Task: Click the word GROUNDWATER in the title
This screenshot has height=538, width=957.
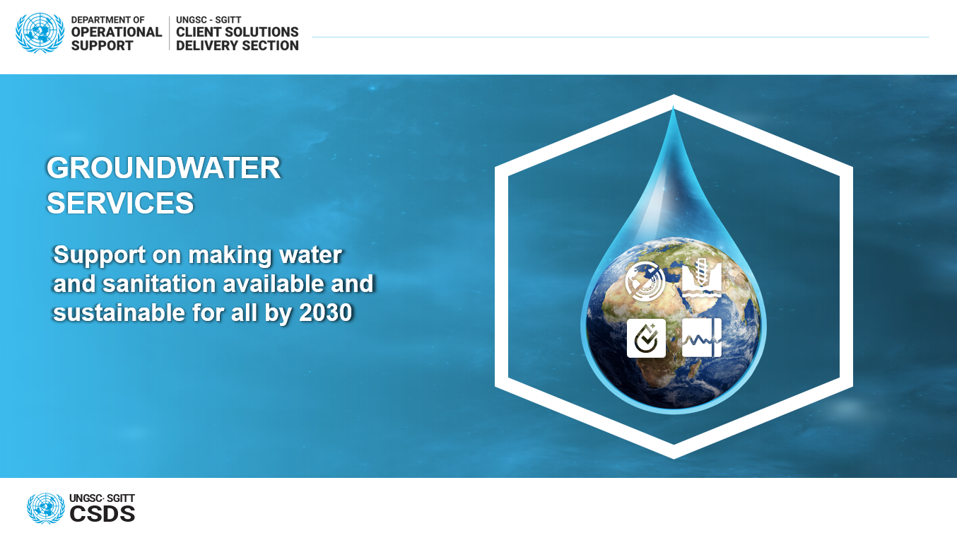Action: coord(163,168)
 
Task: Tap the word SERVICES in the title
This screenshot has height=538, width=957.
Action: coord(120,203)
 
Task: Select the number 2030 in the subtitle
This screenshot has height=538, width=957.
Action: coord(326,312)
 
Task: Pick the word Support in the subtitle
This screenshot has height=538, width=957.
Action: coord(99,255)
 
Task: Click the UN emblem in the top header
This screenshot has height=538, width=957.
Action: coord(40,33)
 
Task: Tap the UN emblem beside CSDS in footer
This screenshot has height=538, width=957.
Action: coord(46,508)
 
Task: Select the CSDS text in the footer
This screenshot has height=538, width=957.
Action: coord(102,514)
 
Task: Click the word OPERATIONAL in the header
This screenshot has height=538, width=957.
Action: coord(116,32)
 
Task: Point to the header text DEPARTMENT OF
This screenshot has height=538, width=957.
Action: coord(107,20)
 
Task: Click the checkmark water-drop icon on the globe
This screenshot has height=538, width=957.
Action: coord(646,338)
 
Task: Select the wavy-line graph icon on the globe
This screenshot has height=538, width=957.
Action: coord(702,338)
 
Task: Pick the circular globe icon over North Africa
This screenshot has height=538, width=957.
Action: coord(645,281)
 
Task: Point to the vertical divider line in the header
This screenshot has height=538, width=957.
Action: coord(169,33)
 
